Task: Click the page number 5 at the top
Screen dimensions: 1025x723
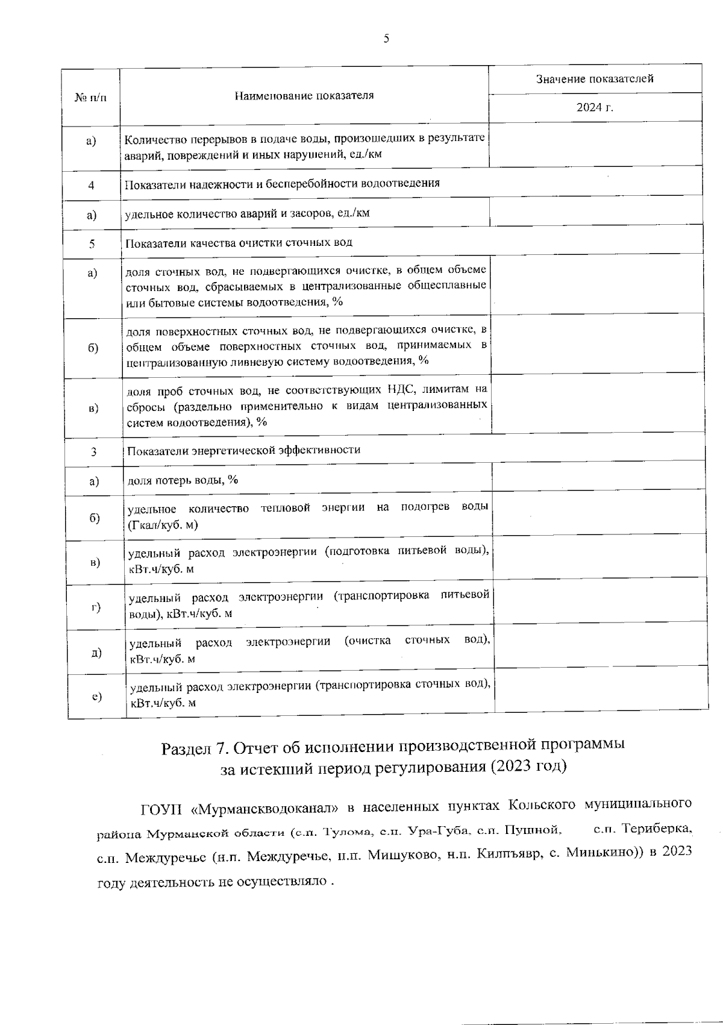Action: click(386, 39)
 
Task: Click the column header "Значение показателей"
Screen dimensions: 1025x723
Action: click(594, 79)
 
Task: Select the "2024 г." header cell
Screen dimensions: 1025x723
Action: click(594, 108)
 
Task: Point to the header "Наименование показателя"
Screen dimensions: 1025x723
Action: click(304, 95)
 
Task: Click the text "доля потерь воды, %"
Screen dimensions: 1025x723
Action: click(183, 480)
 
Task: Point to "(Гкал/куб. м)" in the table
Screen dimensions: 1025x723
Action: click(163, 525)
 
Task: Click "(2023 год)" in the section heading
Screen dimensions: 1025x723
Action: click(528, 766)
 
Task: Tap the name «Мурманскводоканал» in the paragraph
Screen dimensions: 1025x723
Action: click(259, 807)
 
